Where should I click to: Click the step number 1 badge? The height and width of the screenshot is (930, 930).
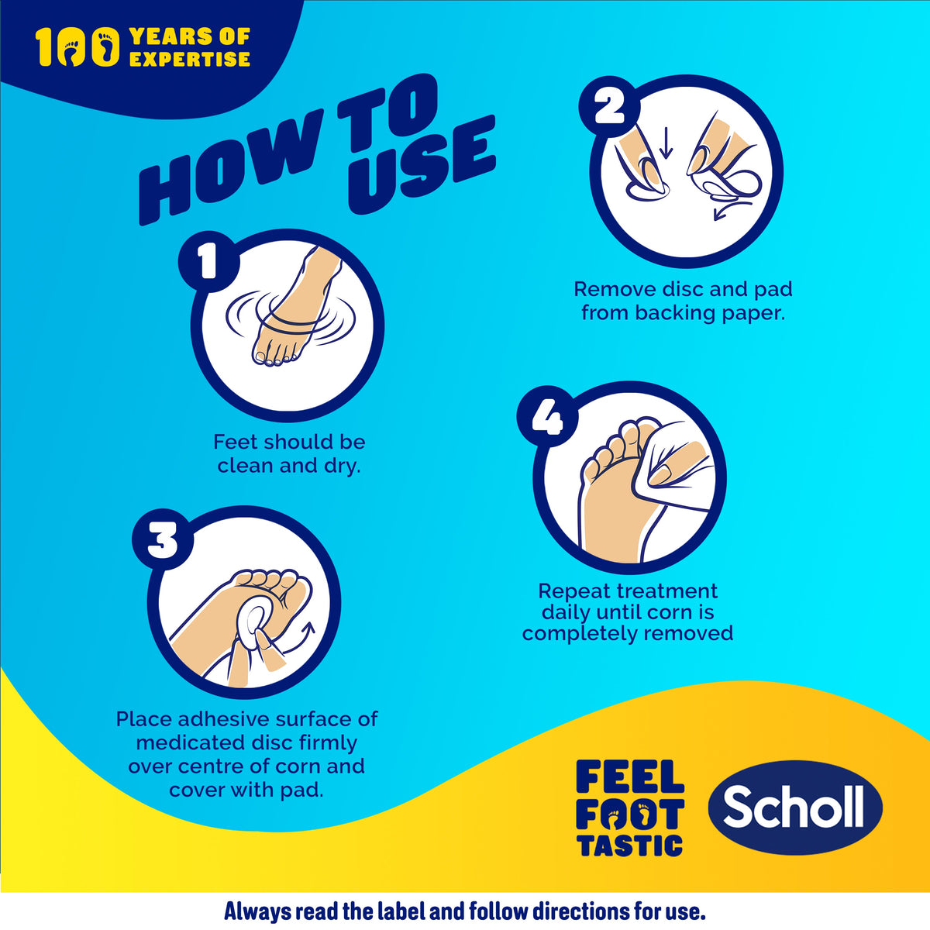click(x=209, y=262)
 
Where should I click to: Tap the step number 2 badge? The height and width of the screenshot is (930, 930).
click(x=610, y=106)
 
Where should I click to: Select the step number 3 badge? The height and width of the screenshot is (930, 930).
click(x=163, y=539)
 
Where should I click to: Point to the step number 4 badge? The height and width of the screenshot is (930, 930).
click(x=548, y=416)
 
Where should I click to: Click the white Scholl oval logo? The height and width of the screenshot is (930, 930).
click(x=795, y=808)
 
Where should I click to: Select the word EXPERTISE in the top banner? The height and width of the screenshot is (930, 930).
click(x=190, y=59)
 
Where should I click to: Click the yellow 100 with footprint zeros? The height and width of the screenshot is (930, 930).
click(x=77, y=46)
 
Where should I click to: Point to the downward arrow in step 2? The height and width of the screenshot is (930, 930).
click(x=666, y=144)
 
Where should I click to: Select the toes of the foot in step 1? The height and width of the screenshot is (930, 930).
click(x=275, y=357)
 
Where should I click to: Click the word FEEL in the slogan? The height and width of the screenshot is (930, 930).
click(x=630, y=777)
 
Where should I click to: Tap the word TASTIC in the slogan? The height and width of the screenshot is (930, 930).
click(x=631, y=846)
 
